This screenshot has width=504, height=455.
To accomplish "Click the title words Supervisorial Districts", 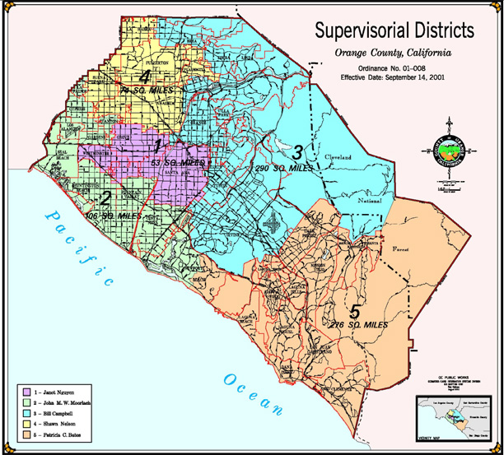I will pyautogui.click(x=394, y=30).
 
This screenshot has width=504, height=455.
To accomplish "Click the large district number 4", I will pyautogui.click(x=145, y=77).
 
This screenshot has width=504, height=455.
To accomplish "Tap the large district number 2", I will pyautogui.click(x=105, y=199).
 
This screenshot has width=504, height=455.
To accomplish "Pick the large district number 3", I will pyautogui.click(x=298, y=151).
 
